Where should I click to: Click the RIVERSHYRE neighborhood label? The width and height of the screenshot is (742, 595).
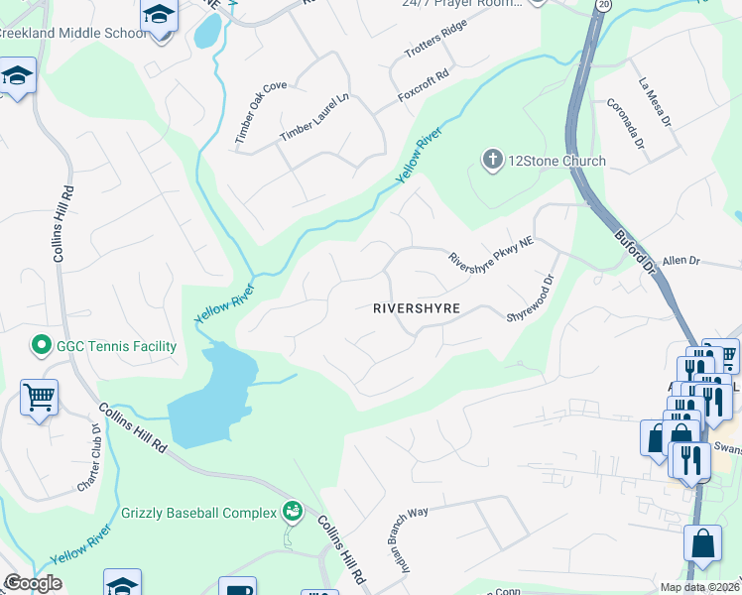[x=417, y=308]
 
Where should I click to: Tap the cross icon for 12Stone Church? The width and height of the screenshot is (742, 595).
[x=491, y=159]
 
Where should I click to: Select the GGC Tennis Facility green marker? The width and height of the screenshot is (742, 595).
[x=42, y=346]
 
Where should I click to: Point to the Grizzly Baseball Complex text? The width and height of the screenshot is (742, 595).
[x=198, y=513]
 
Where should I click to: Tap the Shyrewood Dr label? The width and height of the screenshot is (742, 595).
[x=529, y=297]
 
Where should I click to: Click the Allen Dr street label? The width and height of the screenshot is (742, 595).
[x=681, y=261]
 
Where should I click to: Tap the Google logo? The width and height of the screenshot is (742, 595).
[x=33, y=583]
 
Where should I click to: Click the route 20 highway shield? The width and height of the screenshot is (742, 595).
[x=604, y=6]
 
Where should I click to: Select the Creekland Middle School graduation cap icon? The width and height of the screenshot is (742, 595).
[x=157, y=16]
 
